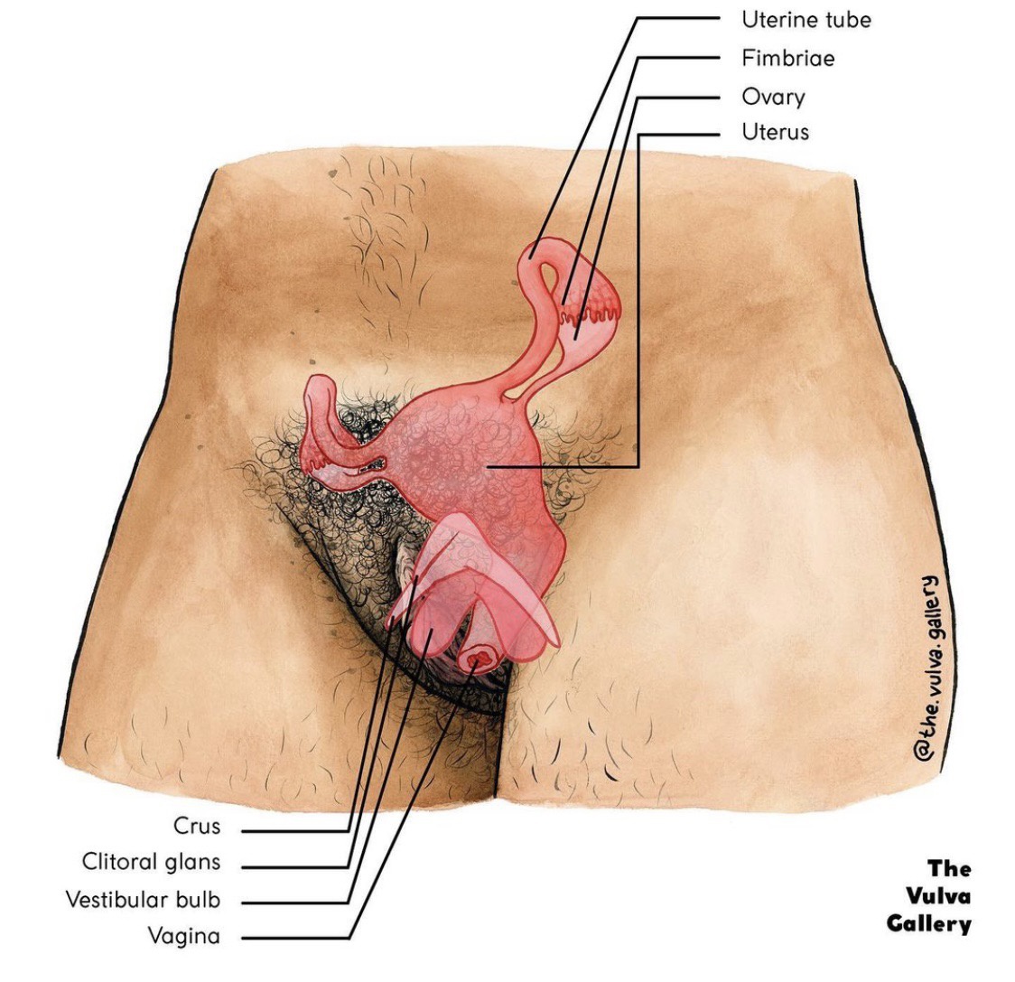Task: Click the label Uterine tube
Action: (805, 19)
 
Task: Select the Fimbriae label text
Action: (787, 58)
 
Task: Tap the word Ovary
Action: (773, 97)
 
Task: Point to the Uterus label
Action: (775, 133)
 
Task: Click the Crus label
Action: (196, 826)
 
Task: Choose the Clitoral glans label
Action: (151, 862)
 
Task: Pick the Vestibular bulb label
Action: (143, 900)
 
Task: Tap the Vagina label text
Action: (183, 936)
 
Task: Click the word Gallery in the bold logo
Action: (927, 923)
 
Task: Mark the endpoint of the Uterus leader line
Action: (489, 466)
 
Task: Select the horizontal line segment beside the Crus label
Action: (295, 830)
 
